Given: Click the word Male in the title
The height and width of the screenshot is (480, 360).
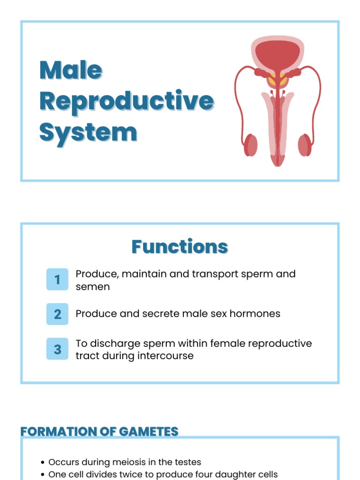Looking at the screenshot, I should (71, 70).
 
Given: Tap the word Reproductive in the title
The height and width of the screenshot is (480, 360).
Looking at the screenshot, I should (127, 101).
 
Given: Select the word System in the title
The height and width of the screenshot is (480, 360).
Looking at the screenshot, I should (88, 132).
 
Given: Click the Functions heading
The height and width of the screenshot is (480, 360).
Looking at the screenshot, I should (180, 247).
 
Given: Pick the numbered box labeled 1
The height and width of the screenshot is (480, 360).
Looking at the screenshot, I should (57, 280).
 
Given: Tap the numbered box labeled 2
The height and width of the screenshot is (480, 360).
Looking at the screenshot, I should (57, 314).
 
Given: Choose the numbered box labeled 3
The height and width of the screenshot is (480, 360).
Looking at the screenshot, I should (57, 349).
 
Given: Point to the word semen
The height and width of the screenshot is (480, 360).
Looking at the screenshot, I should (93, 286).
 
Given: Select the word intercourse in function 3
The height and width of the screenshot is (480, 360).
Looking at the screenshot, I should (165, 356).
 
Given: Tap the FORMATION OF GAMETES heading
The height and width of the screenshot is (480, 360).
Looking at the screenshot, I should (99, 432).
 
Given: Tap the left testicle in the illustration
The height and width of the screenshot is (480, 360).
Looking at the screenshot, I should (251, 145).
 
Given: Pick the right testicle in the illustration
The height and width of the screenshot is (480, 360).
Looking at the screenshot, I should (305, 145).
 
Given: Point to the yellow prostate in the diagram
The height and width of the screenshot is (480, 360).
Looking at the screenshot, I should (277, 81).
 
